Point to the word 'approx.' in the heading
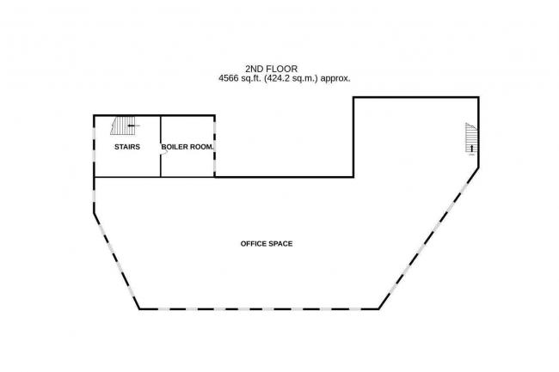coord(336,78)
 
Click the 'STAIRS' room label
coord(126,147)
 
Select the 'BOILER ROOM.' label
coord(187,147)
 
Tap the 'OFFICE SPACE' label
coord(267,244)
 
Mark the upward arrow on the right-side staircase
coord(470,149)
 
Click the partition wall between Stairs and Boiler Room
coord(160,159)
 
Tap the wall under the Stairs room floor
coord(126,177)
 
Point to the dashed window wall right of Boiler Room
coord(215,146)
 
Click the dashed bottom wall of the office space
coord(258,308)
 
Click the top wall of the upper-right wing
coord(415,97)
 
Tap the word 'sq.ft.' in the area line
coord(259,78)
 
